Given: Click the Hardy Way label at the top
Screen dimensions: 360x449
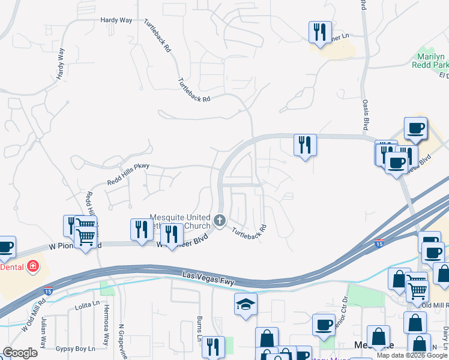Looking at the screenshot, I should pyautogui.click(x=117, y=20).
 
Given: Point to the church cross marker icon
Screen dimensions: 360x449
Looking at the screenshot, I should pyautogui.click(x=220, y=221).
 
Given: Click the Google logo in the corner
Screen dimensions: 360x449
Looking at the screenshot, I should pyautogui.click(x=20, y=353).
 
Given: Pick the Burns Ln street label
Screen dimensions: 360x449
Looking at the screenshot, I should pyautogui.click(x=199, y=328).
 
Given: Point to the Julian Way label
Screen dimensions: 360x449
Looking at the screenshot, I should pyautogui.click(x=43, y=334).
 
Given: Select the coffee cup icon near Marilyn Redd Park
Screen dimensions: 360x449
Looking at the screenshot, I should pyautogui.click(x=415, y=127).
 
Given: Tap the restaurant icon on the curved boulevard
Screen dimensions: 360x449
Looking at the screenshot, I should pyautogui.click(x=305, y=145).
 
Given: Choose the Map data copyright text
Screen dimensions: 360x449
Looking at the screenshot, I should pyautogui.click(x=412, y=355).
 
